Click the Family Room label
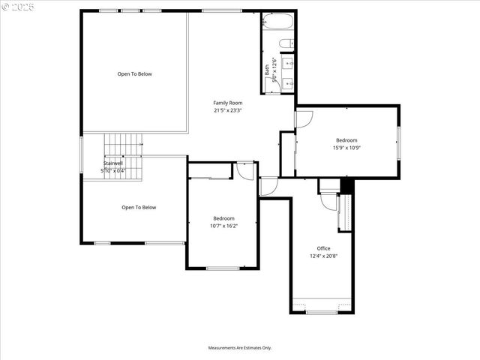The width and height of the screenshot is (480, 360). click(x=228, y=103)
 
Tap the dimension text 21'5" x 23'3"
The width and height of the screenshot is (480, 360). click(x=228, y=110)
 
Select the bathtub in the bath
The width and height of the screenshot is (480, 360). click(x=278, y=22)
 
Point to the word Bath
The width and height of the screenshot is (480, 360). click(x=266, y=69)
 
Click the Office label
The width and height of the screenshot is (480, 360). click(x=323, y=248)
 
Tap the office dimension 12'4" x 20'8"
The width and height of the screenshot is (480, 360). click(x=323, y=256)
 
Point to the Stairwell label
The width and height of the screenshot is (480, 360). click(x=112, y=163)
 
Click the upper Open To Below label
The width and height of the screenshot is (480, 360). click(x=134, y=74)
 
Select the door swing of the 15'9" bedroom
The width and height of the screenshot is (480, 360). click(x=304, y=118)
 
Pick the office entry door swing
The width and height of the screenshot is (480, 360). click(x=328, y=200)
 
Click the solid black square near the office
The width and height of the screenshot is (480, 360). click(x=346, y=185)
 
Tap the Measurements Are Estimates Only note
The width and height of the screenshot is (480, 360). click(x=240, y=348)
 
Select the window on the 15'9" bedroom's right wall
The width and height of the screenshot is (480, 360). click(x=399, y=143)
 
